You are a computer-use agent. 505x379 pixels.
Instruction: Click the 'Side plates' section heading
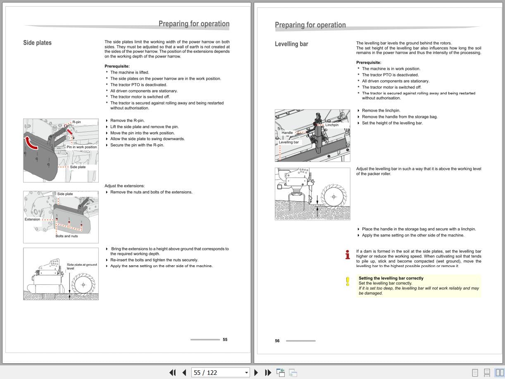(37, 43)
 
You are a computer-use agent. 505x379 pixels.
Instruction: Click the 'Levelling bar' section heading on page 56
(291, 44)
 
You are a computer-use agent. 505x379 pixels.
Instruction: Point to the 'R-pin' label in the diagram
(76, 122)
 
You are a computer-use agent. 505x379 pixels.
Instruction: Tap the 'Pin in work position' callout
(82, 147)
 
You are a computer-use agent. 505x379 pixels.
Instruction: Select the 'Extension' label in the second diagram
(32, 219)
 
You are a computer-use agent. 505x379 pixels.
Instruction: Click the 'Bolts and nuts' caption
(67, 236)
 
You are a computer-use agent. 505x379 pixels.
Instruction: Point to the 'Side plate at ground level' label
(81, 267)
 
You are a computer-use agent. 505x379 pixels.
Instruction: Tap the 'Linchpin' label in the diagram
(331, 125)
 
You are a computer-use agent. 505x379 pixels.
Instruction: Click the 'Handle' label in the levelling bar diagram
(287, 133)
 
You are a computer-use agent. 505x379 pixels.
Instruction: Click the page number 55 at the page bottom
(225, 340)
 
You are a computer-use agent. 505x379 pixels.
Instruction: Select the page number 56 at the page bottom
(277, 341)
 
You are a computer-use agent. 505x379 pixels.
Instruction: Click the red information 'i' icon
(348, 255)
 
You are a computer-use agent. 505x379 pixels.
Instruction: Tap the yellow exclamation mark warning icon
(348, 281)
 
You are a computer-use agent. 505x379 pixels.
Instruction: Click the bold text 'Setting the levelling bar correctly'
(391, 279)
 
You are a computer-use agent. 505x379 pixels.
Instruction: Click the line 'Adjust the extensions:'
(124, 186)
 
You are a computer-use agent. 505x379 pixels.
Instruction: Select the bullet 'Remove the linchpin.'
(381, 111)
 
